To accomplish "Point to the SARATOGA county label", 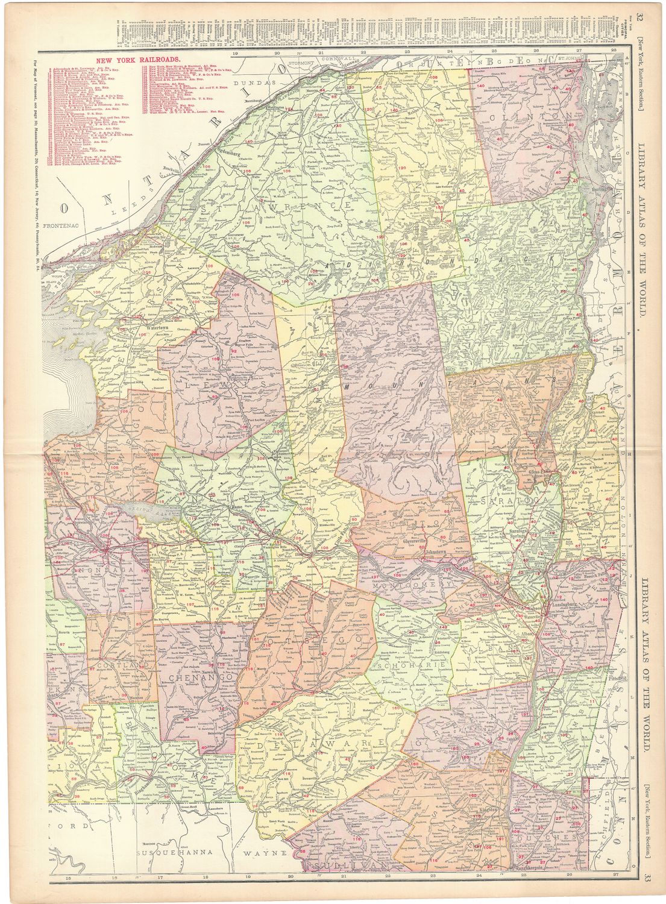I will (x=506, y=501).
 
